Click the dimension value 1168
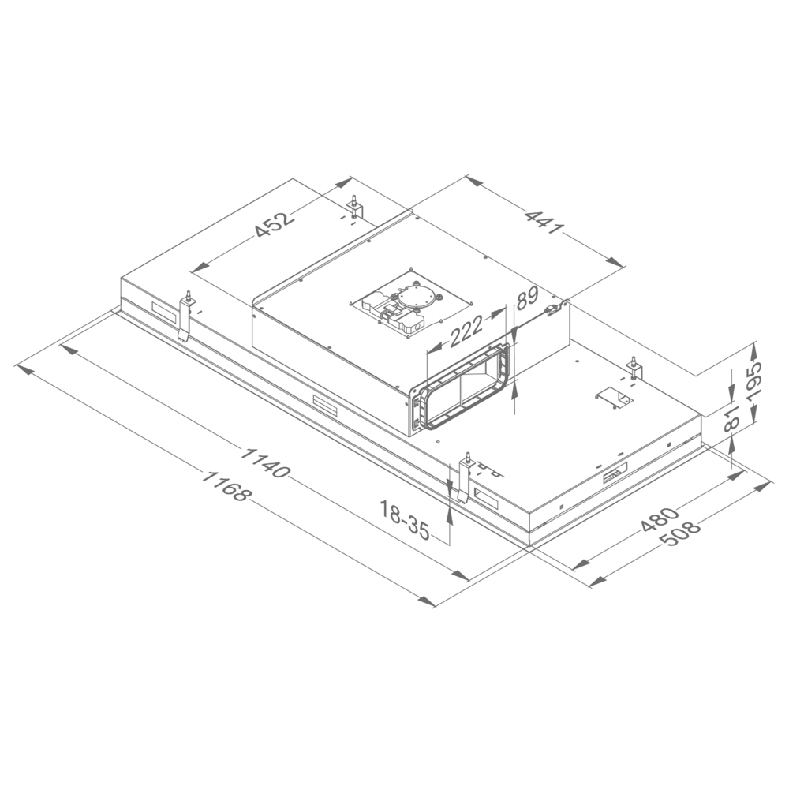coord(226,487)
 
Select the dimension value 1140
coord(266,463)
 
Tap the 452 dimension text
coord(274,223)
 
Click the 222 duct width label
coord(466,332)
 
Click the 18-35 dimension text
coord(405,520)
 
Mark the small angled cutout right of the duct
coord(610,396)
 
